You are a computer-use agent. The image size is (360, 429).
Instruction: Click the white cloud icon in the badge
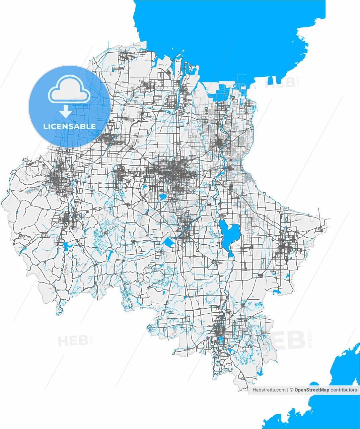click(69, 89)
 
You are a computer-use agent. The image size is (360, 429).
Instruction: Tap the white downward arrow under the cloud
click(66, 112)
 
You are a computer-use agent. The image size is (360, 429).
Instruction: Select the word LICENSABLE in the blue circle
click(69, 126)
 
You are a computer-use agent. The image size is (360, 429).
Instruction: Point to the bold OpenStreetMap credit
click(311, 390)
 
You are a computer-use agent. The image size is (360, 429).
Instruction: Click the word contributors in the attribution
click(344, 390)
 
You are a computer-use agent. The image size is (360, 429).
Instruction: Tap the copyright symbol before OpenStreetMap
click(292, 390)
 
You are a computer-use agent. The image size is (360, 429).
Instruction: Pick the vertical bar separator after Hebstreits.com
click(288, 390)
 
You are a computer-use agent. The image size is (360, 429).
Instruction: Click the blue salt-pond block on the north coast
click(222, 90)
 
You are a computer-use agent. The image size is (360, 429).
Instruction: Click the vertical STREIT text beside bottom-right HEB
click(310, 339)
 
